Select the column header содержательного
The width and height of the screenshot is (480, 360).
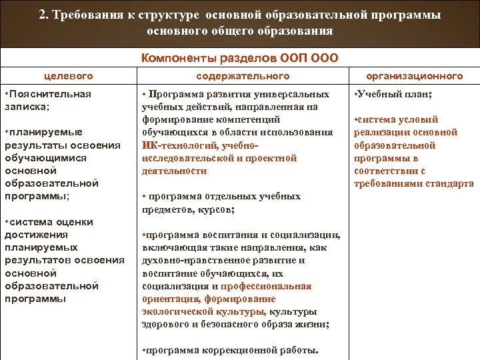click(x=243, y=76)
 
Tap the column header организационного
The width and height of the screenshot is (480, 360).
click(x=415, y=76)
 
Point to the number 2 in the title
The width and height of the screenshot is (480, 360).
click(x=43, y=15)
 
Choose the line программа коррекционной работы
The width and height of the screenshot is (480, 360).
click(x=230, y=350)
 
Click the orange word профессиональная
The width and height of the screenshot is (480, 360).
click(x=266, y=286)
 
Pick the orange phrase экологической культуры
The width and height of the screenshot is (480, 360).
click(x=203, y=311)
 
